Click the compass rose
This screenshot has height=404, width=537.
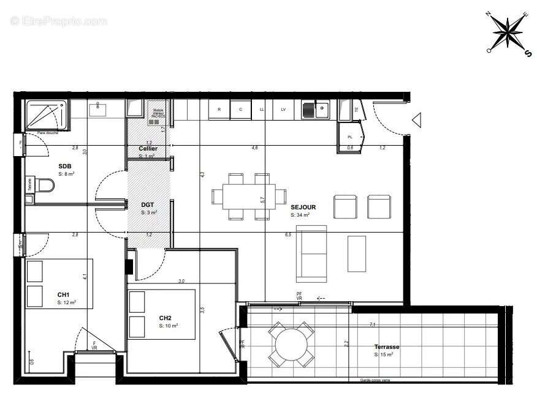pos(508,32)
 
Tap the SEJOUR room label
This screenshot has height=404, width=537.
pos(303,208)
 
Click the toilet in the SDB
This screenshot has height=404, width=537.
pos(42,184)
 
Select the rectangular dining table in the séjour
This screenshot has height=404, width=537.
pos(249,196)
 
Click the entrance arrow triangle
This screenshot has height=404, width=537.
pos(417,120)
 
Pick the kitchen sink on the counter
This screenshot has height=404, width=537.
pos(315,110)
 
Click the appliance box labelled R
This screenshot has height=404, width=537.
pos(219,110)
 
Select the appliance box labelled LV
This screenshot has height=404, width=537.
pos(283,110)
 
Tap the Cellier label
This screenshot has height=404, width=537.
pos(148,149)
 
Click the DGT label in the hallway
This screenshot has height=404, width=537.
pos(148,206)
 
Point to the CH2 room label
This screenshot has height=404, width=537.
pos(165,318)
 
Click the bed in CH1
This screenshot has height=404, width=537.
pos(58,283)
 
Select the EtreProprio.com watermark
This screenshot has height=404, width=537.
pos(58,21)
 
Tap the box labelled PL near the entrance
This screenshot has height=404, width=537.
pos(350,137)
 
